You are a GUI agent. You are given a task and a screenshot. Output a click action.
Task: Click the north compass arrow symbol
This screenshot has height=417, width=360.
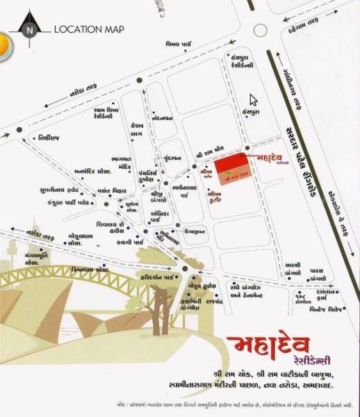28,28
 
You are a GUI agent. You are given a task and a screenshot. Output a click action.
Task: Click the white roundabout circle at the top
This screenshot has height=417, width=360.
261,30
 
